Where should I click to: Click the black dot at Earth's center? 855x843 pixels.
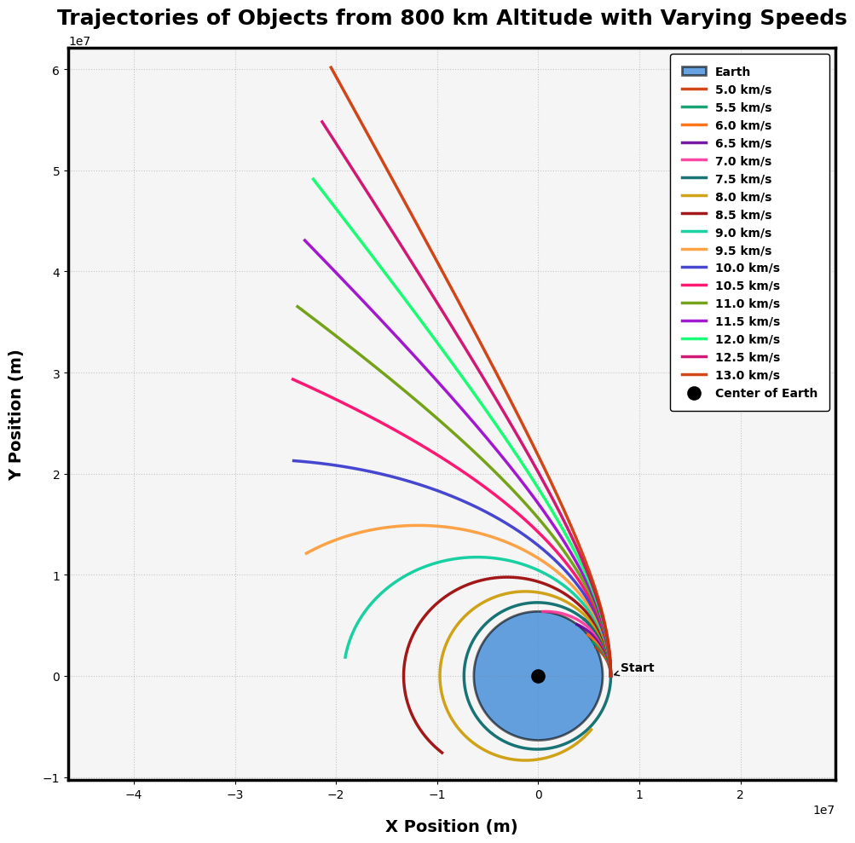(x=538, y=676)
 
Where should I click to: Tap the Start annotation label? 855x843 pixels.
(x=637, y=668)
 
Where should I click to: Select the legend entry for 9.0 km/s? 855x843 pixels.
(x=742, y=233)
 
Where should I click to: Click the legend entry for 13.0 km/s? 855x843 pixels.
(x=747, y=375)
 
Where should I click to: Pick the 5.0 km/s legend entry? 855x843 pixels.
(x=742, y=89)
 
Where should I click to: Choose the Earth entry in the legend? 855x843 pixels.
(x=732, y=72)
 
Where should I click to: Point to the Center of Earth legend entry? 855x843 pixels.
(x=765, y=393)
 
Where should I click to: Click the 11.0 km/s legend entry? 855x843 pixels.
(x=747, y=303)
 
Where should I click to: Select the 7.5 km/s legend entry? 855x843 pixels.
(x=742, y=179)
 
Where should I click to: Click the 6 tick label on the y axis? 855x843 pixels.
(x=55, y=70)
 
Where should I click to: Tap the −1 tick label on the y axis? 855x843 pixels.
(x=50, y=778)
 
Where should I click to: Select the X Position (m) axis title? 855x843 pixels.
(x=451, y=827)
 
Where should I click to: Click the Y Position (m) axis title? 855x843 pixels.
(x=16, y=414)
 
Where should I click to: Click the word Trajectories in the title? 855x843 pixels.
(x=117, y=19)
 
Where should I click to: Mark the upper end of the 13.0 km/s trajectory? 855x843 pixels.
(x=331, y=67)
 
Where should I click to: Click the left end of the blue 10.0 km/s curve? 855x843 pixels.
(x=293, y=461)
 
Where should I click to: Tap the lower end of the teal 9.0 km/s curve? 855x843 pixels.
(x=345, y=657)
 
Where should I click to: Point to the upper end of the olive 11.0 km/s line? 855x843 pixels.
(x=297, y=306)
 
